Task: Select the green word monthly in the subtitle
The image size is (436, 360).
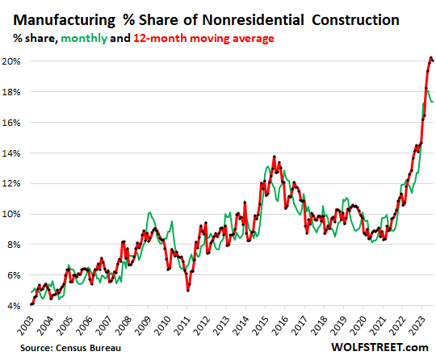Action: (100, 37)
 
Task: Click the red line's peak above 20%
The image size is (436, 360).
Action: (430, 57)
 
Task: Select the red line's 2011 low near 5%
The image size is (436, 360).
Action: (187, 289)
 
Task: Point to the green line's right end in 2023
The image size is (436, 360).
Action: (432, 102)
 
